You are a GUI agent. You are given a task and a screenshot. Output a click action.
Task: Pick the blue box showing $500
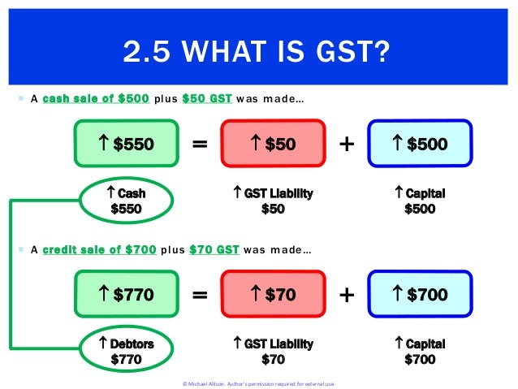(420, 144)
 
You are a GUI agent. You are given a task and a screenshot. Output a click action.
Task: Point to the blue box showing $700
(420, 295)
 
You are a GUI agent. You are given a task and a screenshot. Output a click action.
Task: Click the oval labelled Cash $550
(126, 201)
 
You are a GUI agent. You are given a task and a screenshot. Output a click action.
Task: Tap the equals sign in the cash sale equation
(200, 145)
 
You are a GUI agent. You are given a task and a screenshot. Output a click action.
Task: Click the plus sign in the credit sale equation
(347, 296)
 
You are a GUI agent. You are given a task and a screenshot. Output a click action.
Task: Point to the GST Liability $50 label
(273, 201)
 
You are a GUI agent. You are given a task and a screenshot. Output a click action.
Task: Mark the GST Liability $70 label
(273, 351)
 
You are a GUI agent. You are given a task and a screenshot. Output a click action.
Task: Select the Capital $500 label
(420, 201)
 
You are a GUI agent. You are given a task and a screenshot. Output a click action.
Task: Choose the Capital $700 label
(420, 351)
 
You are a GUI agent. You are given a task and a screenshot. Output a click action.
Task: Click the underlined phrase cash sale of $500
(96, 99)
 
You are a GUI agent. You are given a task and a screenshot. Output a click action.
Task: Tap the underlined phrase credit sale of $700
(99, 250)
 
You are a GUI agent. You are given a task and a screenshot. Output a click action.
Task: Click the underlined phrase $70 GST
(214, 250)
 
